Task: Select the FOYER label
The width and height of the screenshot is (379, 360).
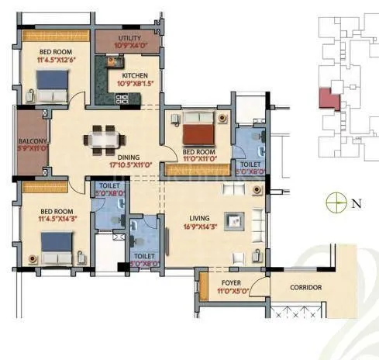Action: pyautogui.click(x=232, y=284)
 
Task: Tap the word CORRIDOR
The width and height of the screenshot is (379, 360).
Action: pyautogui.click(x=305, y=288)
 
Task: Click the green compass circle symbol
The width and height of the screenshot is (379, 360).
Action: pyautogui.click(x=335, y=204)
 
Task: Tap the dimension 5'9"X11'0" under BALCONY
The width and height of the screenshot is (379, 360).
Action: pyautogui.click(x=31, y=150)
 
